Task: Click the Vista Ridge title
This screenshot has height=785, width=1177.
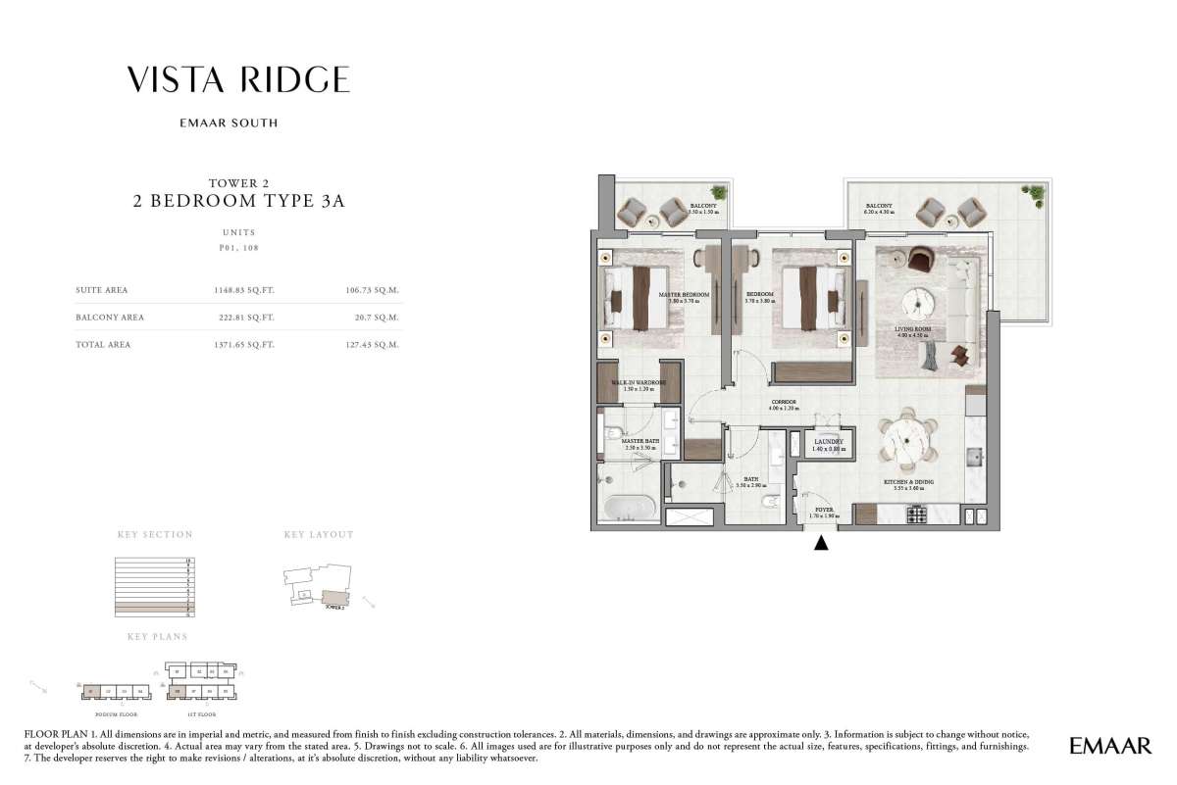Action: click(238, 80)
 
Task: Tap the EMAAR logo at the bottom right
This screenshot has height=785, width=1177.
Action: click(1110, 747)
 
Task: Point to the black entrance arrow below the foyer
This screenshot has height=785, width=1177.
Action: click(822, 542)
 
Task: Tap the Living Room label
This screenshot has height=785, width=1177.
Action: click(912, 331)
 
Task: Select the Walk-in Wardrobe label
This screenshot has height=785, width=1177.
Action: click(639, 384)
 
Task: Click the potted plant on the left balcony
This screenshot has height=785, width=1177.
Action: click(720, 193)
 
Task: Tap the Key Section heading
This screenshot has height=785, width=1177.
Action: click(155, 535)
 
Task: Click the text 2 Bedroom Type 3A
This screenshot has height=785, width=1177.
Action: click(239, 202)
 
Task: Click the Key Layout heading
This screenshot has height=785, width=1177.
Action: click(318, 535)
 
